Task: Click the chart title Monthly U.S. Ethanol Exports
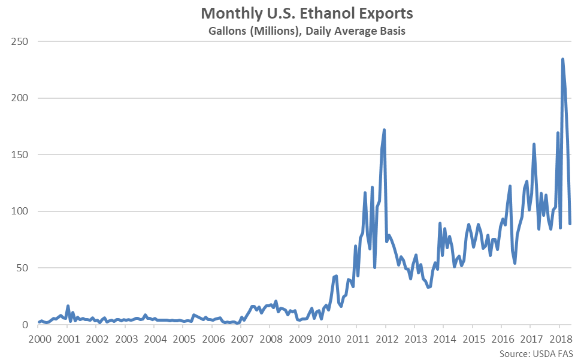307,14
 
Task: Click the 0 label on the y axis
25,325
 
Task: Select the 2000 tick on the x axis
39,339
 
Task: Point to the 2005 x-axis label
183,339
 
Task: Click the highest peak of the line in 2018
562,59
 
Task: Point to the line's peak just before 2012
384,129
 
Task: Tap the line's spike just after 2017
534,144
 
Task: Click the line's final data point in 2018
570,223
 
